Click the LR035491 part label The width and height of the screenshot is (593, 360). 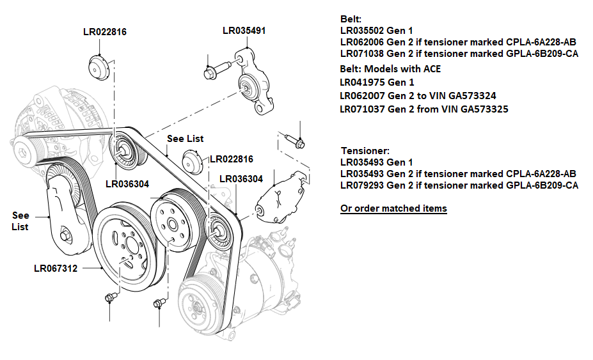tap(244, 30)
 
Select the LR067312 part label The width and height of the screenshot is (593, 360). tap(56, 269)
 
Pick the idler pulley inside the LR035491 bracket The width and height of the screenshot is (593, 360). tap(246, 85)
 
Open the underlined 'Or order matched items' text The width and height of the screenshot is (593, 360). tap(393, 208)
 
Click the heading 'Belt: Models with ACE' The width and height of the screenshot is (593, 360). tap(390, 69)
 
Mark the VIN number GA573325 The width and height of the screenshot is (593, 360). tap(469, 109)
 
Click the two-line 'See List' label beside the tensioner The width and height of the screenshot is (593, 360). tap(20, 221)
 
